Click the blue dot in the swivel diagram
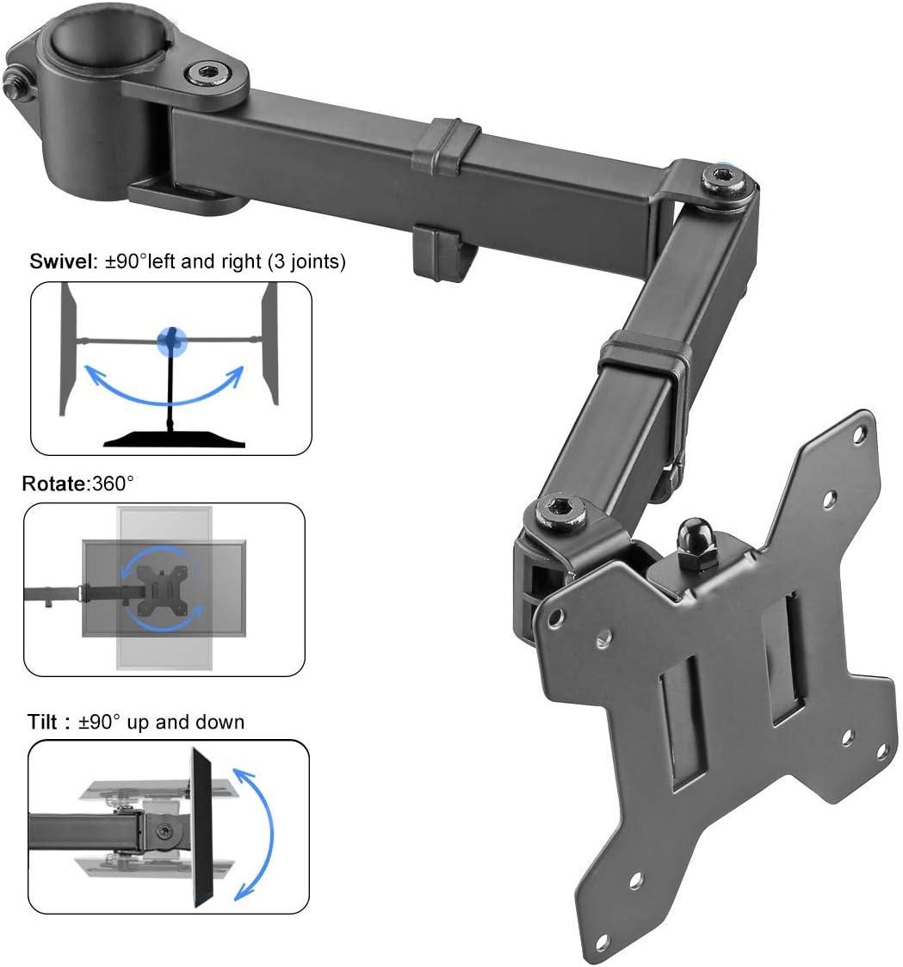pyautogui.click(x=172, y=342)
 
